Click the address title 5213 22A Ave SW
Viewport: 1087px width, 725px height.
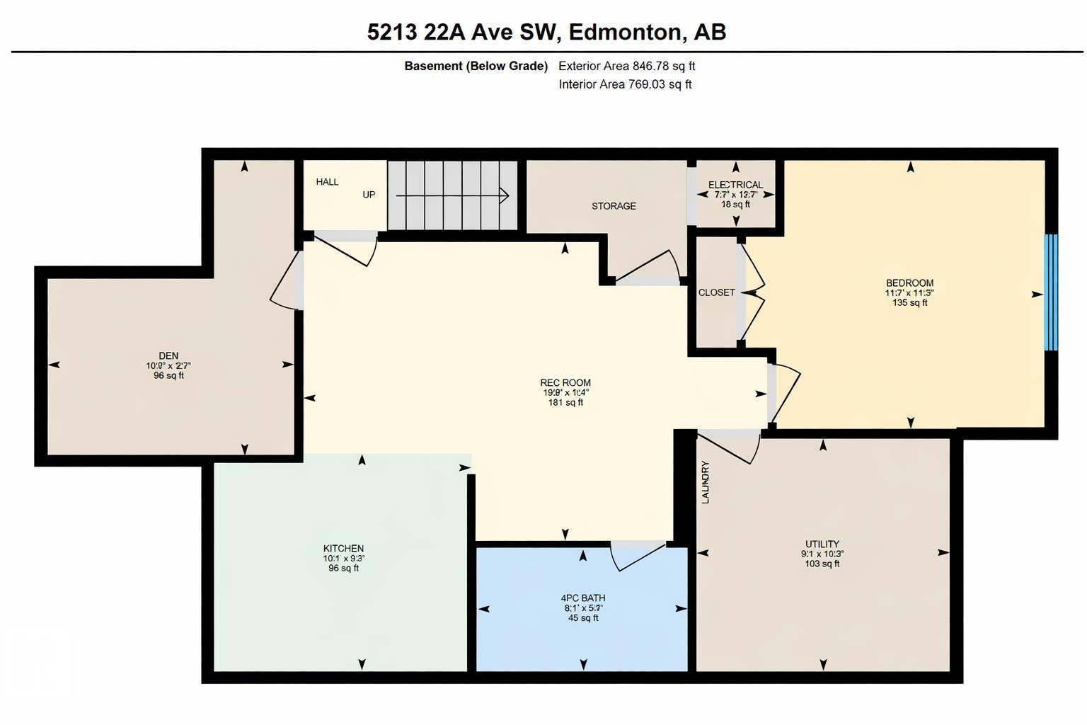(x=546, y=32)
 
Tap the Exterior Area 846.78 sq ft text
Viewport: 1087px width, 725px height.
(x=626, y=66)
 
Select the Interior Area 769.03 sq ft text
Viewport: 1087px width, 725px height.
(x=625, y=84)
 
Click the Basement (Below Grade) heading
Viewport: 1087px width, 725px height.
(x=476, y=66)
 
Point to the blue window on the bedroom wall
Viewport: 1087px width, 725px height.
(x=1051, y=292)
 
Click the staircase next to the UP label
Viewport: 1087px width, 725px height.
(x=452, y=195)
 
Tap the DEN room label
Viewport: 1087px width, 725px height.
(x=168, y=355)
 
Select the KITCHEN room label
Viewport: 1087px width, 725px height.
(x=343, y=548)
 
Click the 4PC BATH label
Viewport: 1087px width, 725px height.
(x=583, y=598)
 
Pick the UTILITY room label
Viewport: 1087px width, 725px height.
(x=822, y=544)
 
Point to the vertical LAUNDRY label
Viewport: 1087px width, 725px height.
(x=706, y=482)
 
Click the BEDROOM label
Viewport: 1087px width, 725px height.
(x=909, y=282)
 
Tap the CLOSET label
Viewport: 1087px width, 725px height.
(x=716, y=292)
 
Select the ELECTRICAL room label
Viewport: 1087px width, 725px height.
(x=735, y=185)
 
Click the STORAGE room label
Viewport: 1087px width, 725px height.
(x=614, y=206)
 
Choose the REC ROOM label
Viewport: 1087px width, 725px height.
(x=565, y=382)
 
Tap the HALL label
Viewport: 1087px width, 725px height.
(x=327, y=182)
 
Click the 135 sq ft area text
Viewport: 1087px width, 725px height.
(x=909, y=302)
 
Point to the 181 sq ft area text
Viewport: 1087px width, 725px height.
(x=565, y=402)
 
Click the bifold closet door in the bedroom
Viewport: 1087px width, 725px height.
(x=753, y=292)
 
